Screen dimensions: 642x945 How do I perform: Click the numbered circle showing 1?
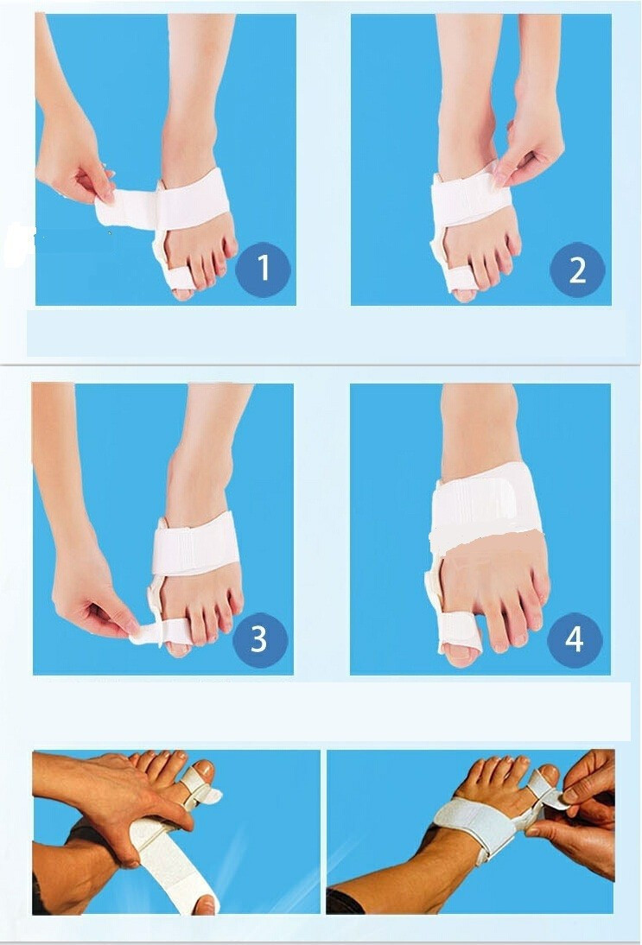(263, 269)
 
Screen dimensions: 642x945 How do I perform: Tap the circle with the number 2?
(577, 270)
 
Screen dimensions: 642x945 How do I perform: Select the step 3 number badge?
(260, 639)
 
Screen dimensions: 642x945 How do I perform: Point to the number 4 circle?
(575, 639)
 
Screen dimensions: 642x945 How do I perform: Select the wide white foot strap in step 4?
(486, 510)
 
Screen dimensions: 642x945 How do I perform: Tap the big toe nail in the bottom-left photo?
(202, 768)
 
